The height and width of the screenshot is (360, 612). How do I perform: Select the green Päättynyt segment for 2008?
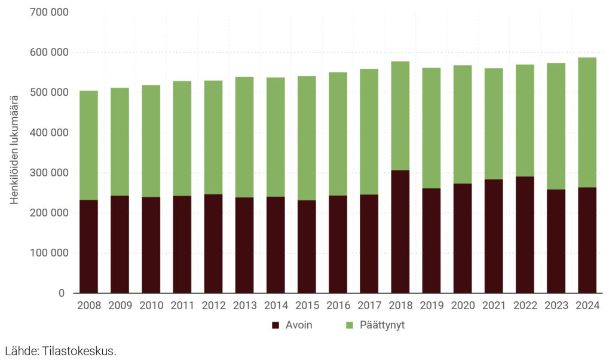click(x=89, y=145)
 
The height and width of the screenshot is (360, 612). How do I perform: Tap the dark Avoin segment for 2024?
click(x=587, y=240)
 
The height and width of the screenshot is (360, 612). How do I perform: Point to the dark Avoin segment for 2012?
click(x=213, y=243)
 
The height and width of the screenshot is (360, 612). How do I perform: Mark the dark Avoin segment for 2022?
click(x=525, y=234)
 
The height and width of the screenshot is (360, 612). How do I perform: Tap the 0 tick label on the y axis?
click(x=62, y=293)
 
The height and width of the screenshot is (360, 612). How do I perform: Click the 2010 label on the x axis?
click(x=151, y=306)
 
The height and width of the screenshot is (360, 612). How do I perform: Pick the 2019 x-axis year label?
click(x=432, y=306)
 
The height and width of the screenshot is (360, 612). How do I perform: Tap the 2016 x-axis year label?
click(x=338, y=306)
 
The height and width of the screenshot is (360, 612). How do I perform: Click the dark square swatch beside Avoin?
click(x=276, y=326)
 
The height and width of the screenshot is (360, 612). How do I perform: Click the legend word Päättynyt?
click(x=383, y=326)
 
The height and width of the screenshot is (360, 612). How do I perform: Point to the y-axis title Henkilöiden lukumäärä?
click(x=15, y=150)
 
